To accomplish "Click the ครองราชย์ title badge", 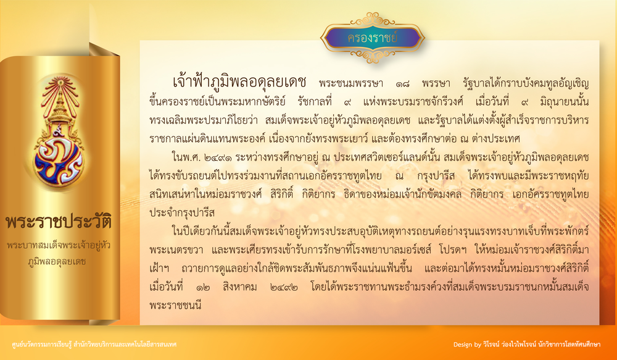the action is point(372,38).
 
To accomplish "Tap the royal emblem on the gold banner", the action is point(59,132).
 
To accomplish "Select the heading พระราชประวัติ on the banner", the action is point(59,221).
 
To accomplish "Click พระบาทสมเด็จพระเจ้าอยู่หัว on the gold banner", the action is point(59,245).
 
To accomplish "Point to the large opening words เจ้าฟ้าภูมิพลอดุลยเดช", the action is point(239,82).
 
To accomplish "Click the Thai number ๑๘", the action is point(402,84).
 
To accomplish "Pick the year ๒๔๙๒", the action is point(284,287).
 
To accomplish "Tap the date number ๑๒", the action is point(203,287).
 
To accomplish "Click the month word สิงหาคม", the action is point(239,287).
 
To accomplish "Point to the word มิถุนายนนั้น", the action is point(565,102).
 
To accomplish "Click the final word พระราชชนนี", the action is point(175,305).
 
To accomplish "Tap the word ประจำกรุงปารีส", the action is point(182,213).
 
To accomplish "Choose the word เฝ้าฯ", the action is point(159,269).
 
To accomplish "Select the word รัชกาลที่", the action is point(315,101).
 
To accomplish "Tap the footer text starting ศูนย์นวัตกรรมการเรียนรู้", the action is point(94,345).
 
